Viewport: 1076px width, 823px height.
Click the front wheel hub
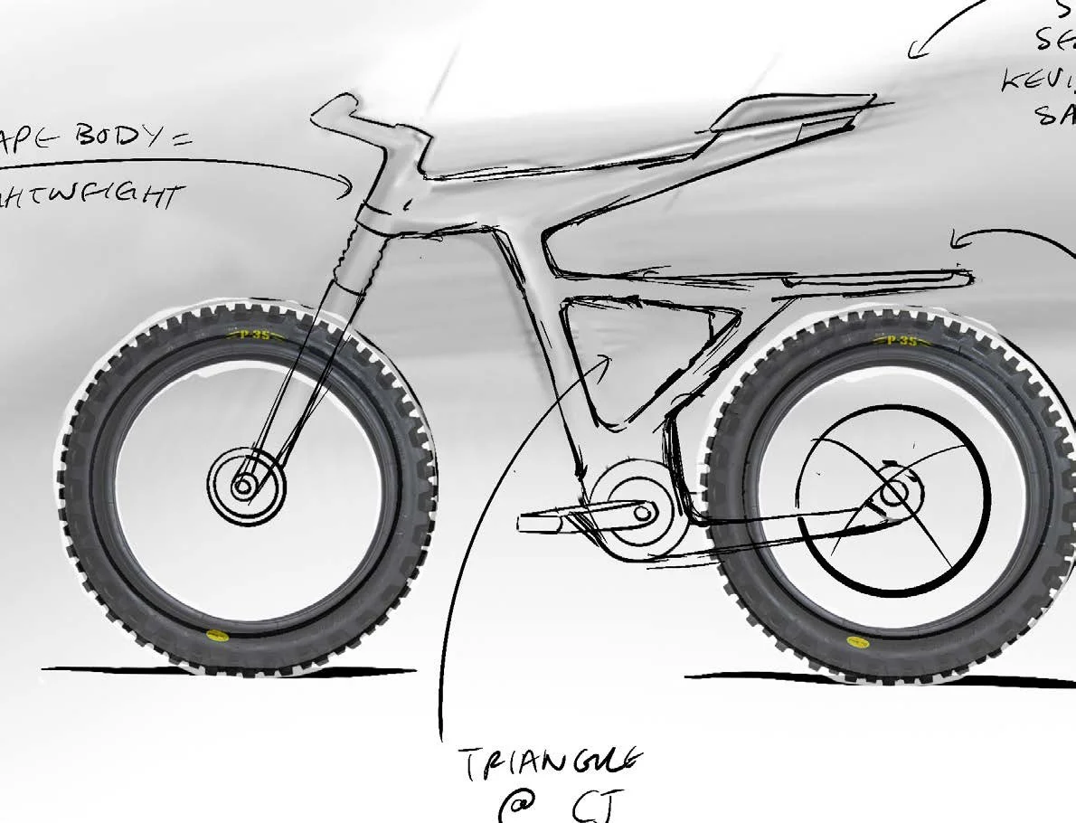tap(243, 487)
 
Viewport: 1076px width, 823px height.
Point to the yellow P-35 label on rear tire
tap(898, 341)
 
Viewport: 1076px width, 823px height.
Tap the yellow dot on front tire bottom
tap(214, 635)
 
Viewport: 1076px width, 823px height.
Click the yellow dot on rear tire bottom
tap(854, 640)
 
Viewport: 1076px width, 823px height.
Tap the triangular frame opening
tap(633, 353)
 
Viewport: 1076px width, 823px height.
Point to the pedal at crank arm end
tap(540, 520)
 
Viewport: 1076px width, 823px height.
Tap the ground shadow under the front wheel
tap(226, 671)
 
